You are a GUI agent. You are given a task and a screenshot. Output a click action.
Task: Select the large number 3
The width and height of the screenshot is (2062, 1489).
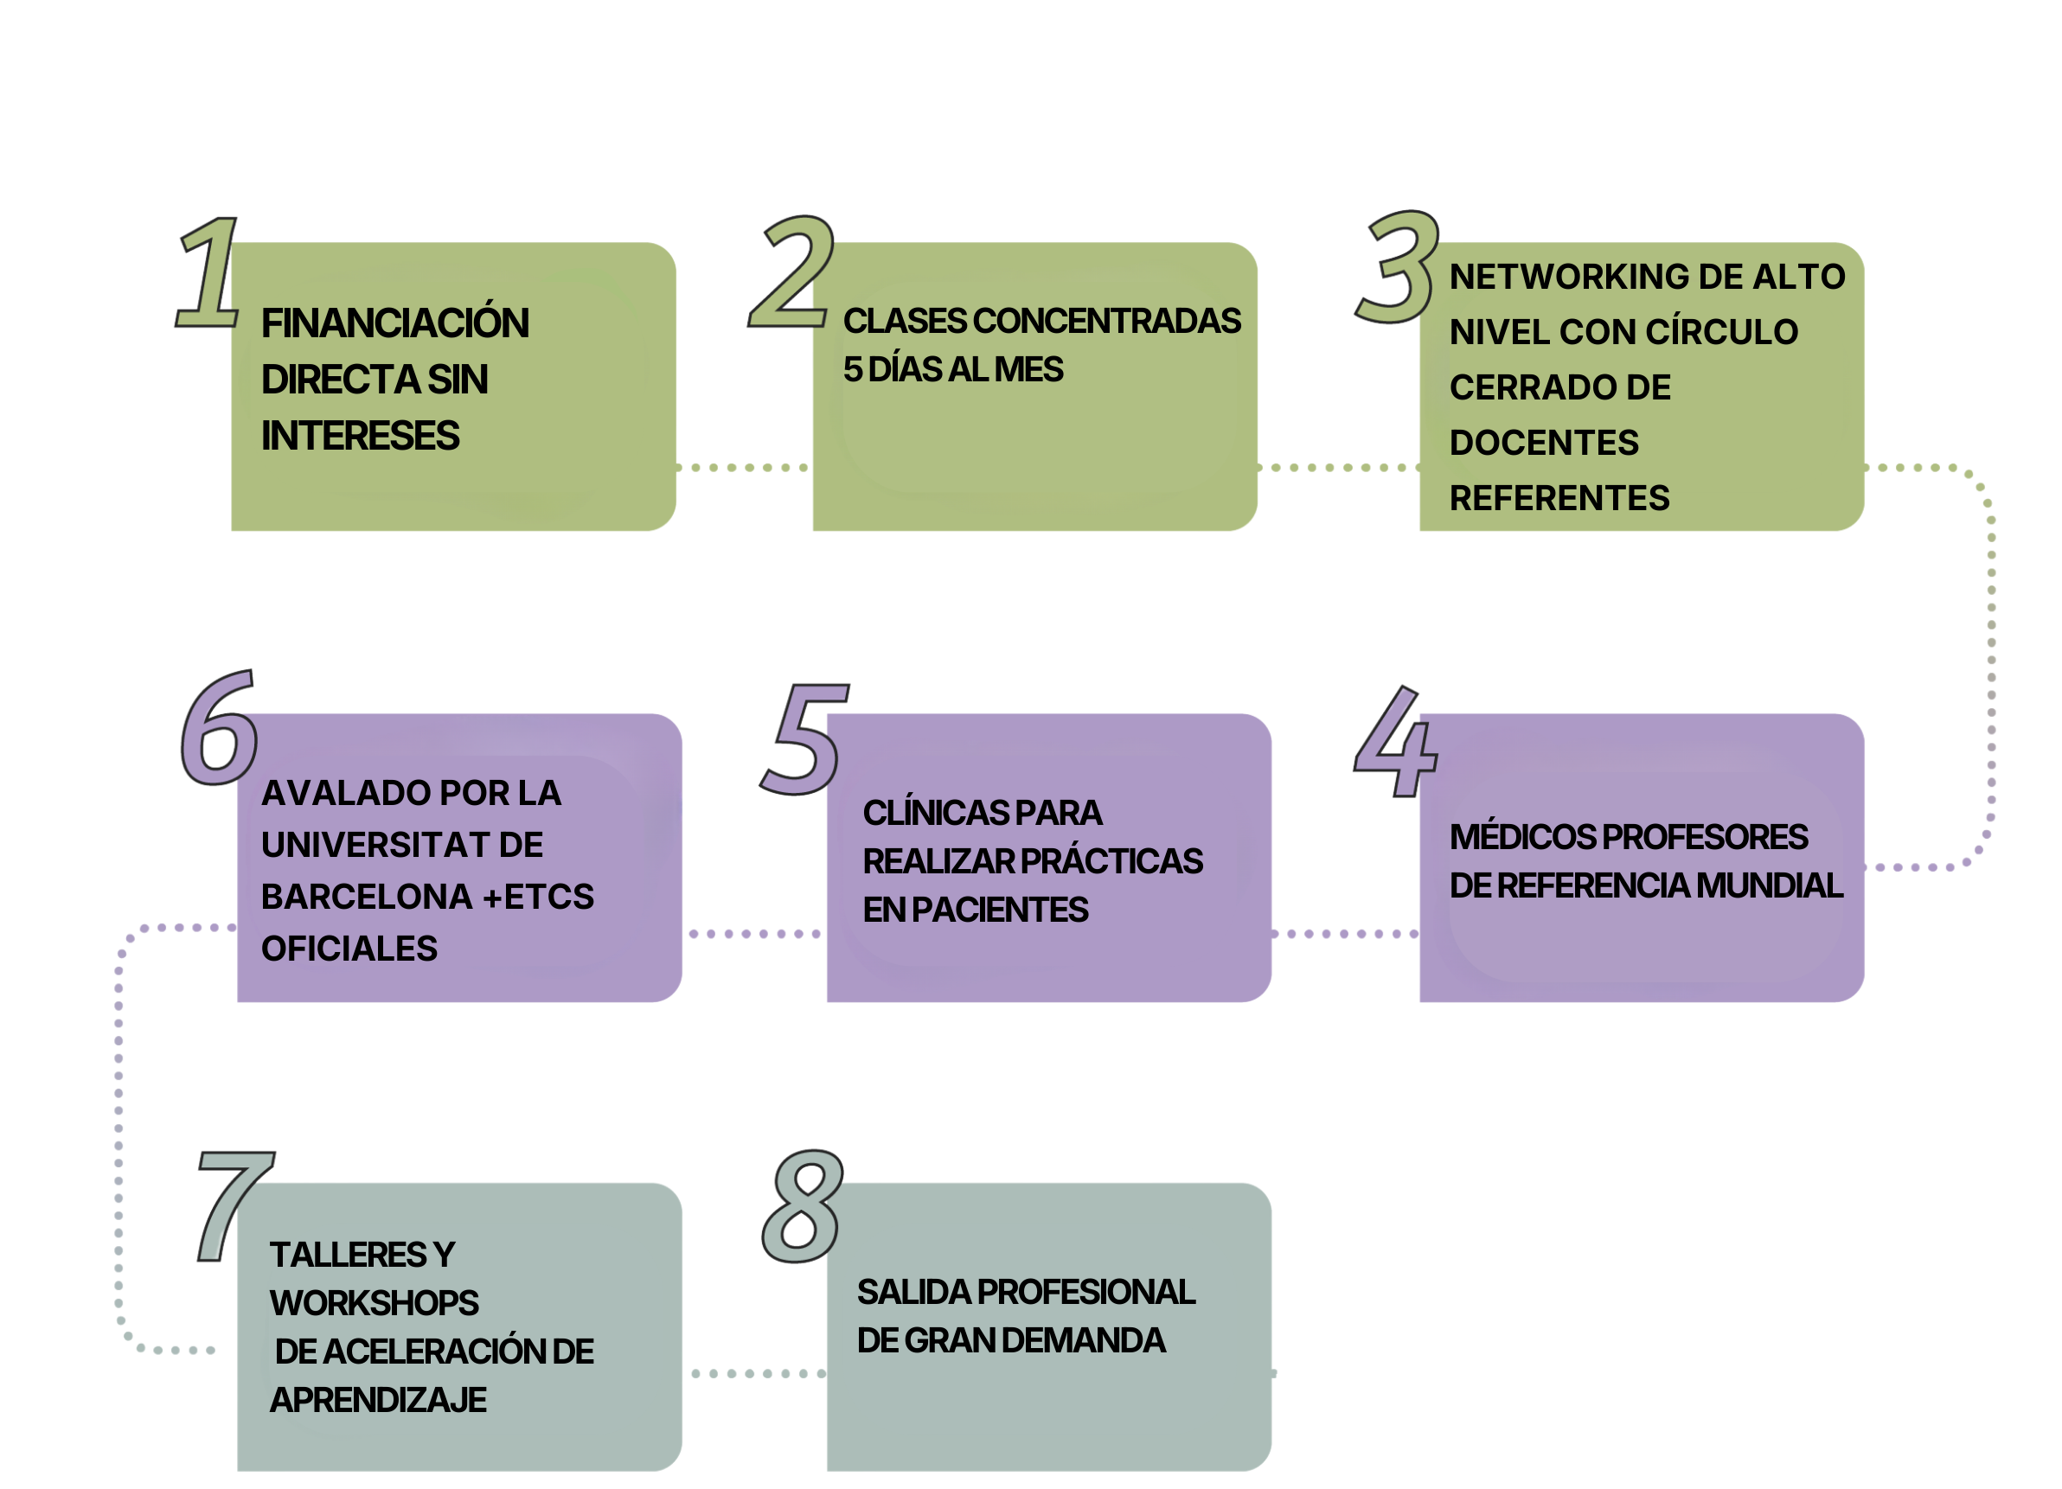1399,268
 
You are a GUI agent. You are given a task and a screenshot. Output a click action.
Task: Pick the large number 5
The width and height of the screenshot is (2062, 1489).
802,738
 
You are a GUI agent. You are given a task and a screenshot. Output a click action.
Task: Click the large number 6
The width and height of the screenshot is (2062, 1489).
218,730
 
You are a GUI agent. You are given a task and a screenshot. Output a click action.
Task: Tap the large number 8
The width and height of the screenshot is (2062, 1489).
802,1206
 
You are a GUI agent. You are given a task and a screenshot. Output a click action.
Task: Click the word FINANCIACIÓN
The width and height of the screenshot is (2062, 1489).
394,323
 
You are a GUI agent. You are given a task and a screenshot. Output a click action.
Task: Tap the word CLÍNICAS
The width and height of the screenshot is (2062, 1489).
936,813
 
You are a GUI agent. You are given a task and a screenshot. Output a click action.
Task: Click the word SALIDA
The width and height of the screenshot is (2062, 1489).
912,1292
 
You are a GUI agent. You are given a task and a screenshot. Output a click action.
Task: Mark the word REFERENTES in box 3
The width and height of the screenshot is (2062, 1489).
1559,498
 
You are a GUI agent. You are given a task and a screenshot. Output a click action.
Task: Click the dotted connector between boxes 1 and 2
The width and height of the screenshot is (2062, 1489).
744,467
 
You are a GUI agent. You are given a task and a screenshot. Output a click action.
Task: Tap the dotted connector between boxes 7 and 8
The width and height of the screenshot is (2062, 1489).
754,1372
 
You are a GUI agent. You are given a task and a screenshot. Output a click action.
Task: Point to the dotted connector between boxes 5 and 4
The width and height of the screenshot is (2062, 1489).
1346,934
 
